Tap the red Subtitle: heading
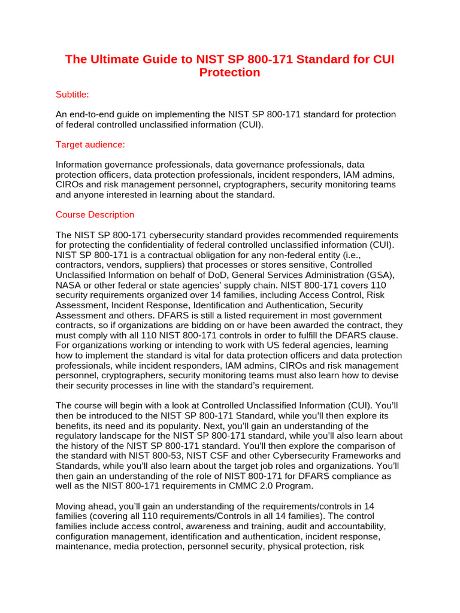(x=72, y=95)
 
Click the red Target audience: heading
(x=90, y=144)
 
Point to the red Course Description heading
(x=95, y=214)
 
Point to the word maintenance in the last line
(x=83, y=547)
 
